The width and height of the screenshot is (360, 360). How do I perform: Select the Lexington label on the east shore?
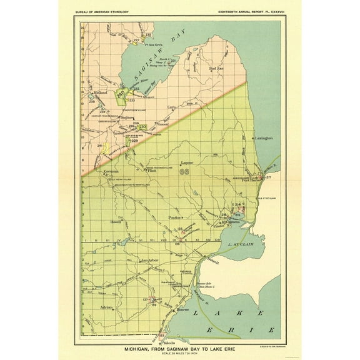coord(263,137)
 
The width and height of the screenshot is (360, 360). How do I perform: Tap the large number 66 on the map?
coord(184,173)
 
